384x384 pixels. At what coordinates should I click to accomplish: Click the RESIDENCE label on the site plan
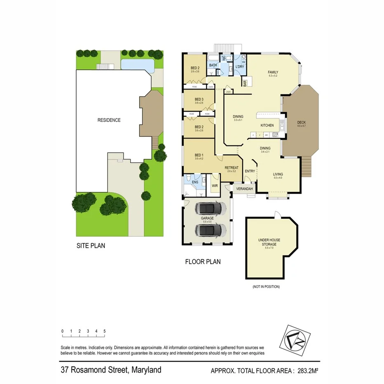click(109, 120)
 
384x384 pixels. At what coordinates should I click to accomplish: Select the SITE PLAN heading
click(91, 246)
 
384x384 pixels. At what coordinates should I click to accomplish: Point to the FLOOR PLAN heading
click(203, 261)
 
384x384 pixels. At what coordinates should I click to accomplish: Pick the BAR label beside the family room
click(245, 83)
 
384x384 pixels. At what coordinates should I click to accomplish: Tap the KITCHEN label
click(267, 125)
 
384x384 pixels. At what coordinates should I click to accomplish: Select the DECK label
click(302, 122)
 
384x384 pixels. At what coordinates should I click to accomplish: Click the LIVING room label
click(278, 174)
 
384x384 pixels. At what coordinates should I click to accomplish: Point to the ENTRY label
click(250, 171)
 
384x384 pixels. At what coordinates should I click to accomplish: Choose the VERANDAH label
click(244, 189)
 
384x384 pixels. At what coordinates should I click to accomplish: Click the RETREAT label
click(231, 168)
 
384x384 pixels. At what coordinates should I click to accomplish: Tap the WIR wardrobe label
click(215, 186)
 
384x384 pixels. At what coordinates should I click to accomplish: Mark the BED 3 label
click(199, 99)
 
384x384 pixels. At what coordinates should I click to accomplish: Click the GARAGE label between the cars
click(207, 218)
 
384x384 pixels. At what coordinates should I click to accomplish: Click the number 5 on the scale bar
click(105, 331)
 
